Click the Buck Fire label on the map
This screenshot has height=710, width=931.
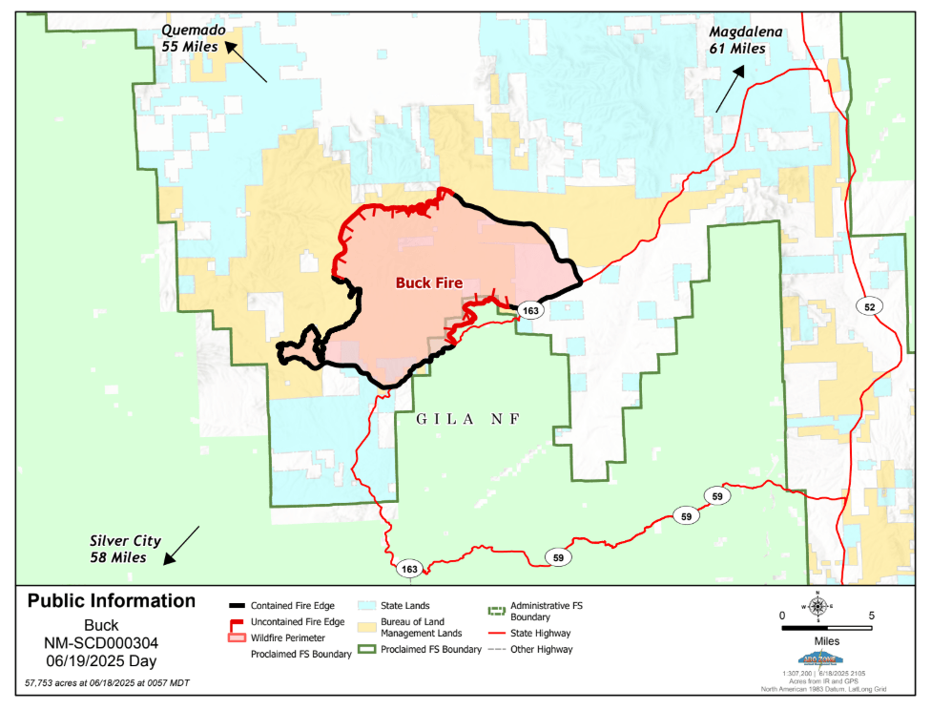click(428, 283)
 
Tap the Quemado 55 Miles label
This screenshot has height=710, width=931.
click(190, 38)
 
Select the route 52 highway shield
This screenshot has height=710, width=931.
click(870, 306)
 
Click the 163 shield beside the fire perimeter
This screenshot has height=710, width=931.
click(530, 311)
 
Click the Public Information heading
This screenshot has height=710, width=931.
click(112, 601)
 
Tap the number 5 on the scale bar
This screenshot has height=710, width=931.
click(872, 616)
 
